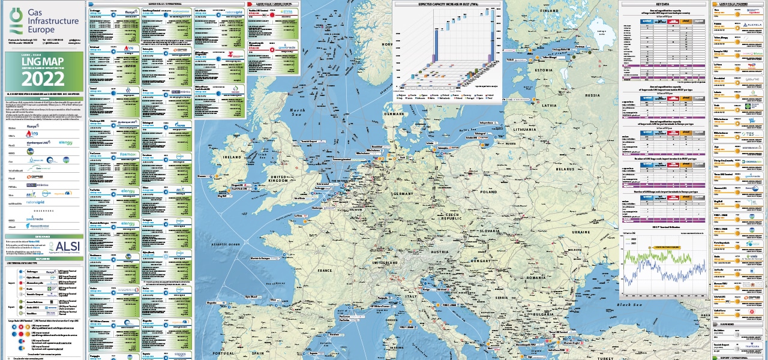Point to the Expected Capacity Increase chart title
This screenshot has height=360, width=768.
448,4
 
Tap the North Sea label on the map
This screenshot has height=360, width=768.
298,113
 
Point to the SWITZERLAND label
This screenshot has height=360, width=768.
385,263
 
